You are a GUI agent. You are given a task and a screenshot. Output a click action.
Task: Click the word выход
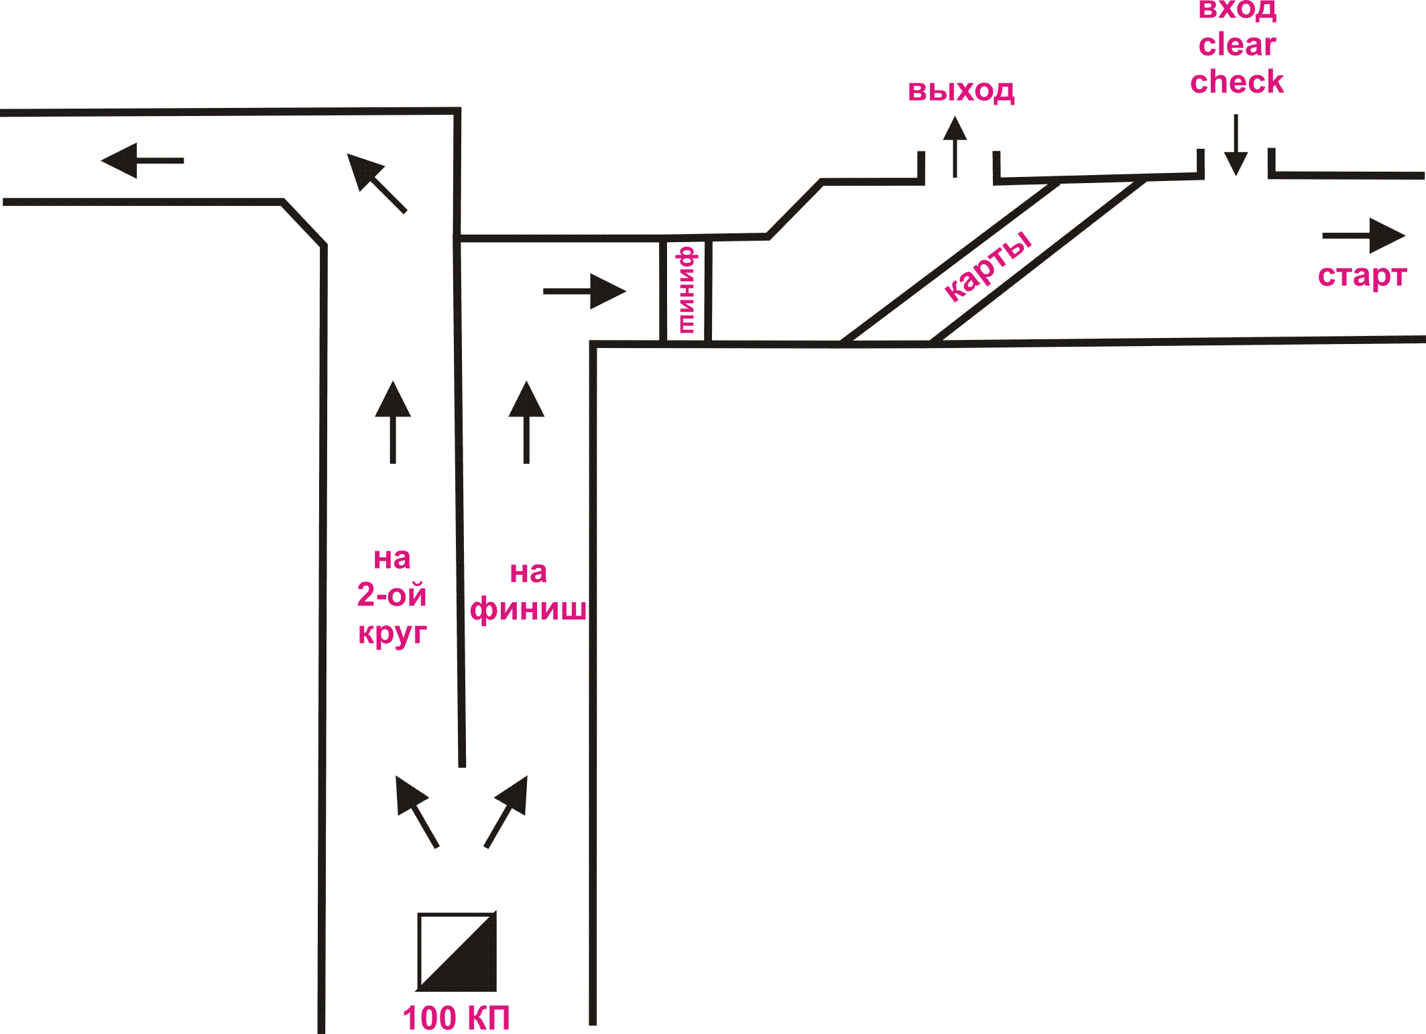point(961,91)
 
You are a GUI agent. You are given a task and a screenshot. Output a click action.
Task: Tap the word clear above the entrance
point(1237,45)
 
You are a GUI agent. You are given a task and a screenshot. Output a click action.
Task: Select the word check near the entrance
point(1237,82)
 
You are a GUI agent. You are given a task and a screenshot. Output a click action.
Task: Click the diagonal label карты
point(988,266)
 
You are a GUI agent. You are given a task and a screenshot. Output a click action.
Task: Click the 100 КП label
point(456,1017)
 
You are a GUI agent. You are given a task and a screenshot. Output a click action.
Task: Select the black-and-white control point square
point(457,952)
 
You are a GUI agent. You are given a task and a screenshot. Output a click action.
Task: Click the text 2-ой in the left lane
point(392,595)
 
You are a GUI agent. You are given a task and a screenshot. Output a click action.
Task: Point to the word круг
point(392,632)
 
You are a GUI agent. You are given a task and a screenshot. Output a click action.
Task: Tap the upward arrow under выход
point(955,146)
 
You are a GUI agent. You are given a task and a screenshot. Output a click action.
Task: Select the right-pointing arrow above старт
point(1364,235)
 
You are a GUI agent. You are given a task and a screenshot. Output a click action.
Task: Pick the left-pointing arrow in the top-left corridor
point(142,160)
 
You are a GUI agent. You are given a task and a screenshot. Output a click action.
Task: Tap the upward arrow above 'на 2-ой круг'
point(393,422)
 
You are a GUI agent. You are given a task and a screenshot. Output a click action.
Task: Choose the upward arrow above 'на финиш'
point(526,422)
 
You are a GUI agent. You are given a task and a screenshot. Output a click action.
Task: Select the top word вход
point(1237,9)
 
